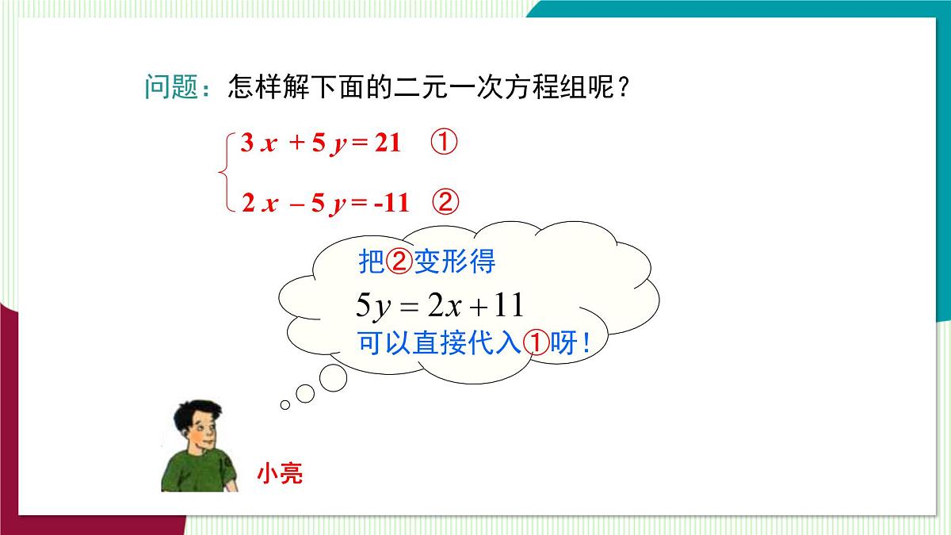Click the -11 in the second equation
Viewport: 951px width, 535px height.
tap(391, 204)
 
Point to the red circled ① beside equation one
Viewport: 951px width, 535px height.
tap(445, 143)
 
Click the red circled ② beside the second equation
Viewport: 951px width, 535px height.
tap(445, 203)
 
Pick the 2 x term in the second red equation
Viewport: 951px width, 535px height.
tap(259, 204)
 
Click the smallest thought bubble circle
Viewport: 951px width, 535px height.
tap(285, 405)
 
